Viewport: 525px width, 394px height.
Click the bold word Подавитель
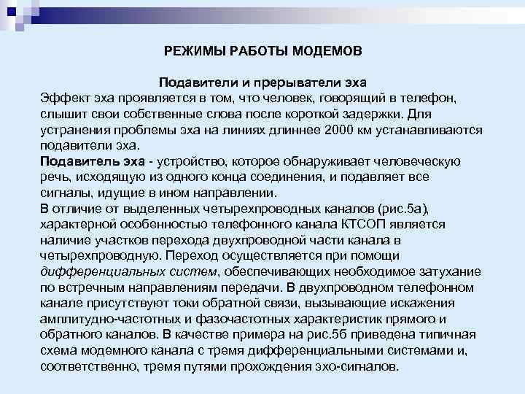(76, 161)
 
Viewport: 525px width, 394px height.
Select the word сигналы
(63, 193)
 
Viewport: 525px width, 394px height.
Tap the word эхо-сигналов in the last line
(363, 366)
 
